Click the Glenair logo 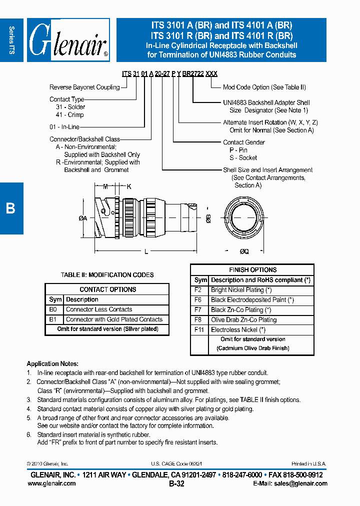point(68,40)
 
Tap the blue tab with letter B point(11,208)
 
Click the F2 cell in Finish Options point(198,290)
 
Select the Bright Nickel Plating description point(241,290)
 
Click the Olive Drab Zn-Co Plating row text point(243,320)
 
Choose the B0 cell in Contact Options point(53,309)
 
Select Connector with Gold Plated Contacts point(114,319)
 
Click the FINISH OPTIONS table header point(252,269)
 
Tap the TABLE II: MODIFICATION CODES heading point(107,275)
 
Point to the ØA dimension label point(83,218)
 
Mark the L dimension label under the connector point(146,252)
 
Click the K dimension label point(128,186)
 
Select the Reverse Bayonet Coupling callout point(84,87)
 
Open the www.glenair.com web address point(52,483)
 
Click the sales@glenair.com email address point(300,483)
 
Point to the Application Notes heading point(52,363)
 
